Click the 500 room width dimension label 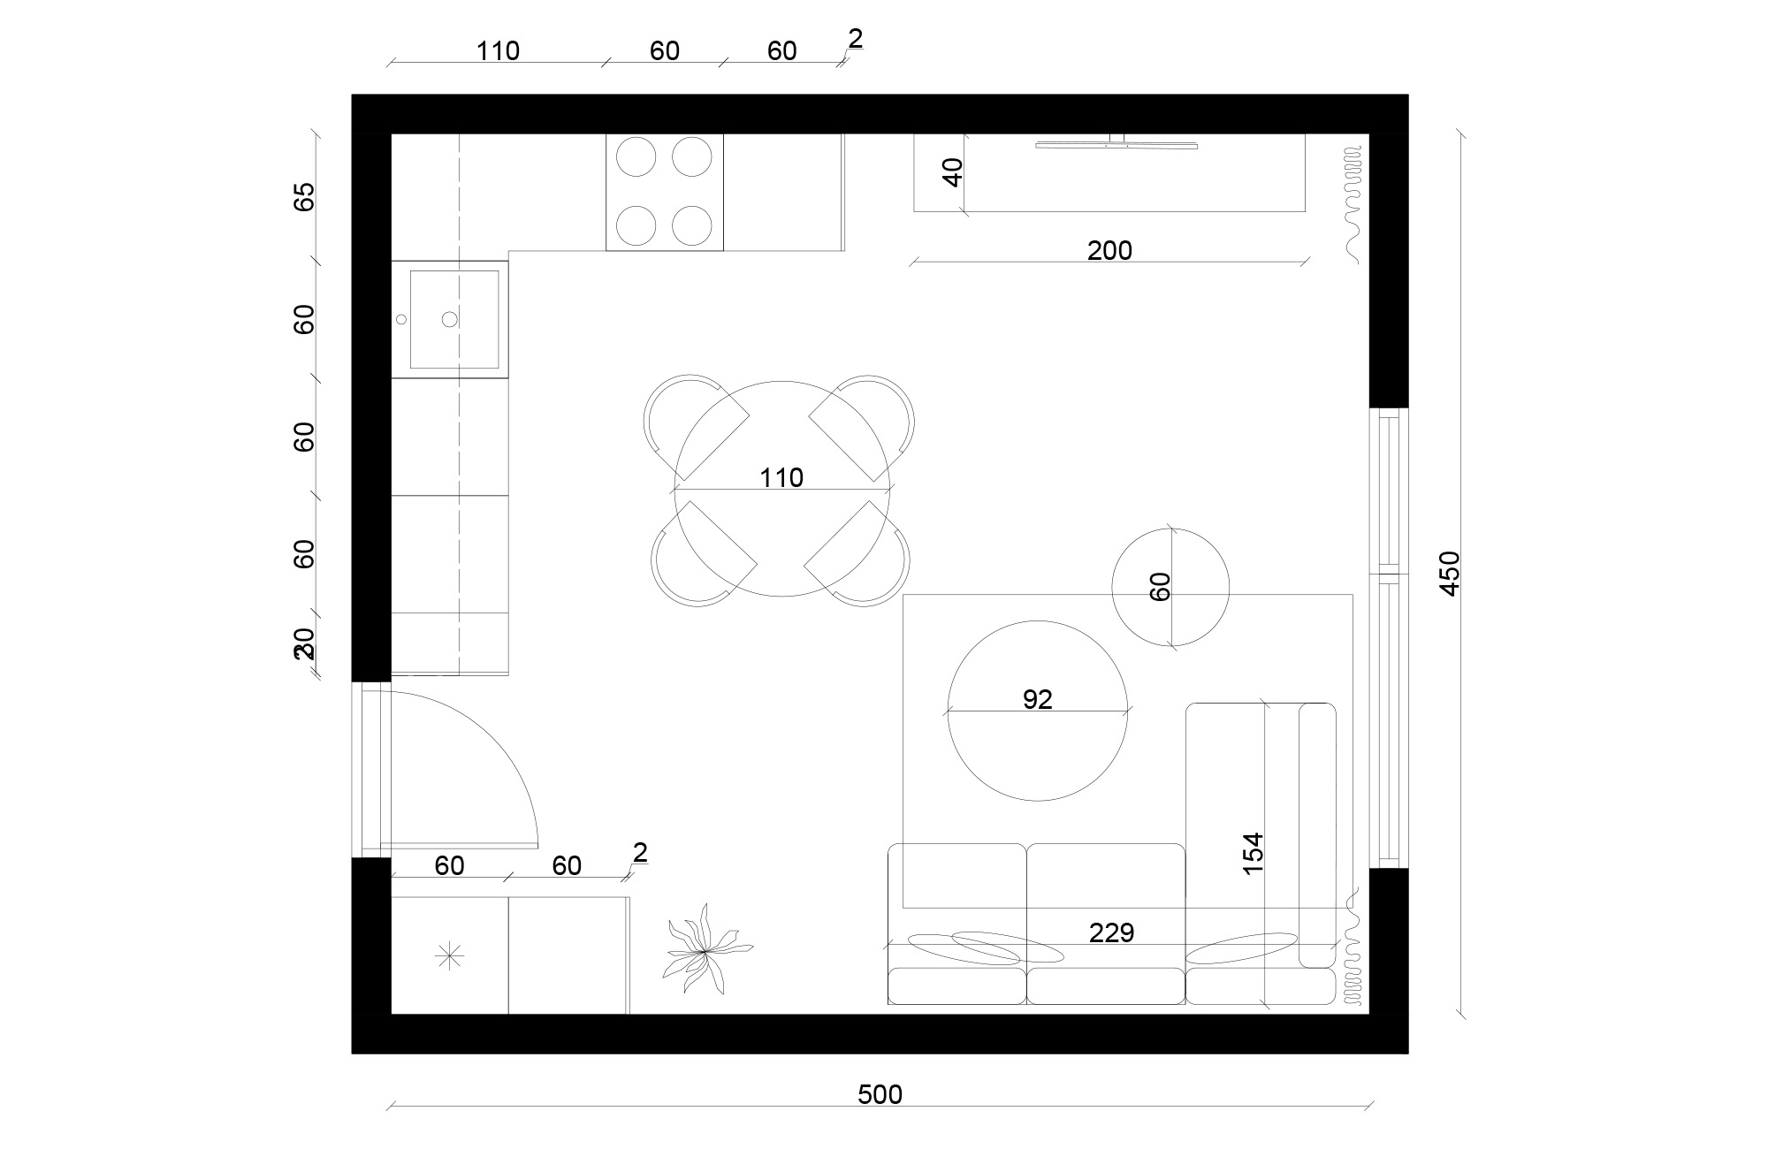[880, 1095]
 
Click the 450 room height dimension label [1450, 574]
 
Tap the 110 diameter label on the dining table [781, 478]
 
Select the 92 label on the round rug [1037, 699]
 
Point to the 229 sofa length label [1111, 932]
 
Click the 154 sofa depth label [1254, 854]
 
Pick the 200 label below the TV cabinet [1109, 251]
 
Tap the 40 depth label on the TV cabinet [953, 172]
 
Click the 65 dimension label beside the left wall [304, 196]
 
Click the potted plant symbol [705, 951]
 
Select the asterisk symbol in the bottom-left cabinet [450, 956]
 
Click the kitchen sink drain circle [450, 319]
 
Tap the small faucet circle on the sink [401, 319]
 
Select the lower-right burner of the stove [692, 225]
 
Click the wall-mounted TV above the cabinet [1116, 143]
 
